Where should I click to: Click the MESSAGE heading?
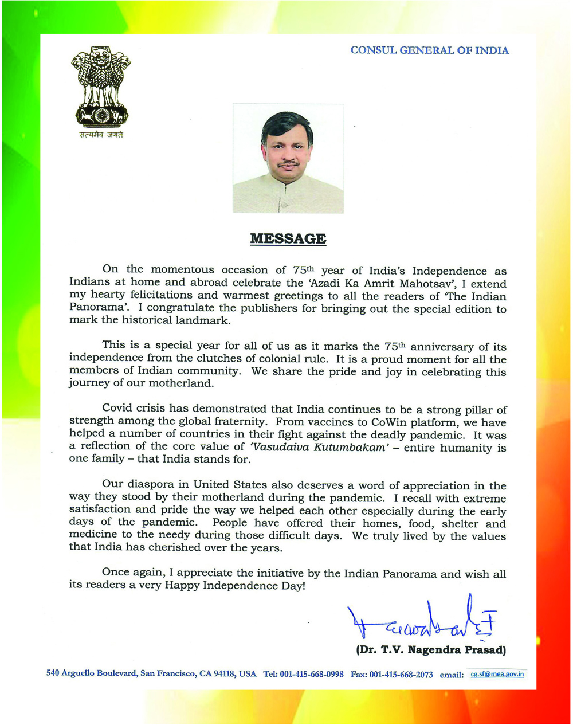(x=288, y=238)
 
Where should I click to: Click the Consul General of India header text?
(x=429, y=50)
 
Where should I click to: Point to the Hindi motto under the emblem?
(x=101, y=135)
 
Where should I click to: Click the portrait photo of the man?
(x=288, y=159)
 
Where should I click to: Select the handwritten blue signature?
(x=421, y=622)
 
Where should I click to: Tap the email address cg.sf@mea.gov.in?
(x=497, y=674)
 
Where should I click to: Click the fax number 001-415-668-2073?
(x=401, y=675)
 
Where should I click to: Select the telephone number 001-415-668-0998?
(x=312, y=675)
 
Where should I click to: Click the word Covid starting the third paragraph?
(x=118, y=409)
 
